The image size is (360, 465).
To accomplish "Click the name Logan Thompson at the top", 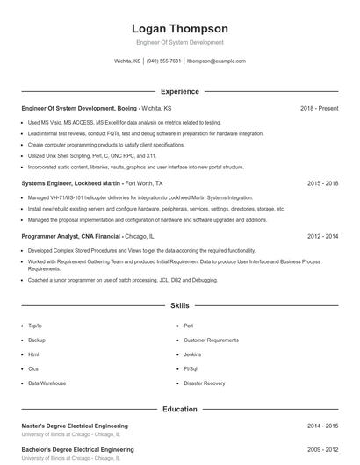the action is click(x=179, y=29).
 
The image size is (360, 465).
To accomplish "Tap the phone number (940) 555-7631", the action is click(x=164, y=61).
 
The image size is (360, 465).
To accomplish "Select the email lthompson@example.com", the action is click(x=216, y=61).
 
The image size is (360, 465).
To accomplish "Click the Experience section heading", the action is click(x=179, y=91).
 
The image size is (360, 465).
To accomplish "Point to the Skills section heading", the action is click(x=179, y=306).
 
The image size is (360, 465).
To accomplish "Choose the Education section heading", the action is click(x=179, y=409).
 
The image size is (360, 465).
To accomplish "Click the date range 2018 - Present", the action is click(x=319, y=108).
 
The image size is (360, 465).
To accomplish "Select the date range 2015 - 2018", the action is click(x=322, y=183).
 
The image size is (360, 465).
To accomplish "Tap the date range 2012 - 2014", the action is click(x=322, y=236).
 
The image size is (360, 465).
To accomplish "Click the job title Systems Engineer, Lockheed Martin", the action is click(x=72, y=183).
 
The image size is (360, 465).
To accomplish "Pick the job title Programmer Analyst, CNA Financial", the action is click(x=72, y=236).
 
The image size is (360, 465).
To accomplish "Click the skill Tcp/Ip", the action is click(x=35, y=325).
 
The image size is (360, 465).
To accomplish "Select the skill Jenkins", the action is click(x=193, y=354).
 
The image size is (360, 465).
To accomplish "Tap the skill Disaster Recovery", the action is click(x=204, y=383).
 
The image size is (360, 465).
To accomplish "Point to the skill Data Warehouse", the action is click(x=47, y=383).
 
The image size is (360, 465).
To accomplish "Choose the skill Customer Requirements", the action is click(x=211, y=340).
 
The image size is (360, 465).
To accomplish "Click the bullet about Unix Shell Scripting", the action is click(x=92, y=155).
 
